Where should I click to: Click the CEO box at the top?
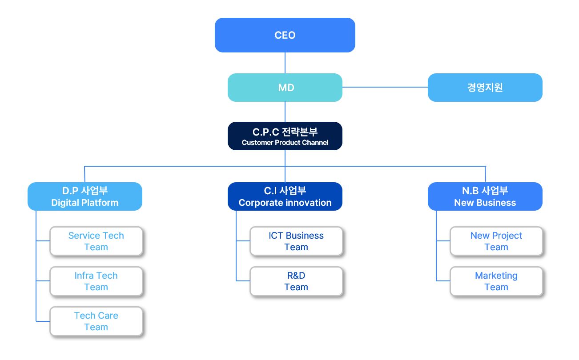point(285,35)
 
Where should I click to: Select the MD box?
point(285,88)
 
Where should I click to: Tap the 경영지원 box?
point(485,88)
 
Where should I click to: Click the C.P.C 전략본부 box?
point(285,132)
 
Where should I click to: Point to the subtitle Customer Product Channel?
point(285,143)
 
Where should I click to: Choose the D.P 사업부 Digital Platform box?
point(84,196)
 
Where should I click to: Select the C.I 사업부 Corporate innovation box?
point(285,196)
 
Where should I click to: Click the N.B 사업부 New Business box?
point(485,196)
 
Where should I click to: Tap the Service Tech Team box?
point(96,241)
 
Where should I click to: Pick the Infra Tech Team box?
point(96,281)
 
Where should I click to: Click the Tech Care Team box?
point(96,321)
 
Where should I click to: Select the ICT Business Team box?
point(296,241)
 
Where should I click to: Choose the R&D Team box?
point(296,281)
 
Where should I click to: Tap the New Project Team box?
point(496,241)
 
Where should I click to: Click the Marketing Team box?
point(496,281)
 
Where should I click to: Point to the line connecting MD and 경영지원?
point(385,87)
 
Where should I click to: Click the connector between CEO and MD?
point(285,63)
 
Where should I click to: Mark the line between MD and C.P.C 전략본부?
point(285,112)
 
